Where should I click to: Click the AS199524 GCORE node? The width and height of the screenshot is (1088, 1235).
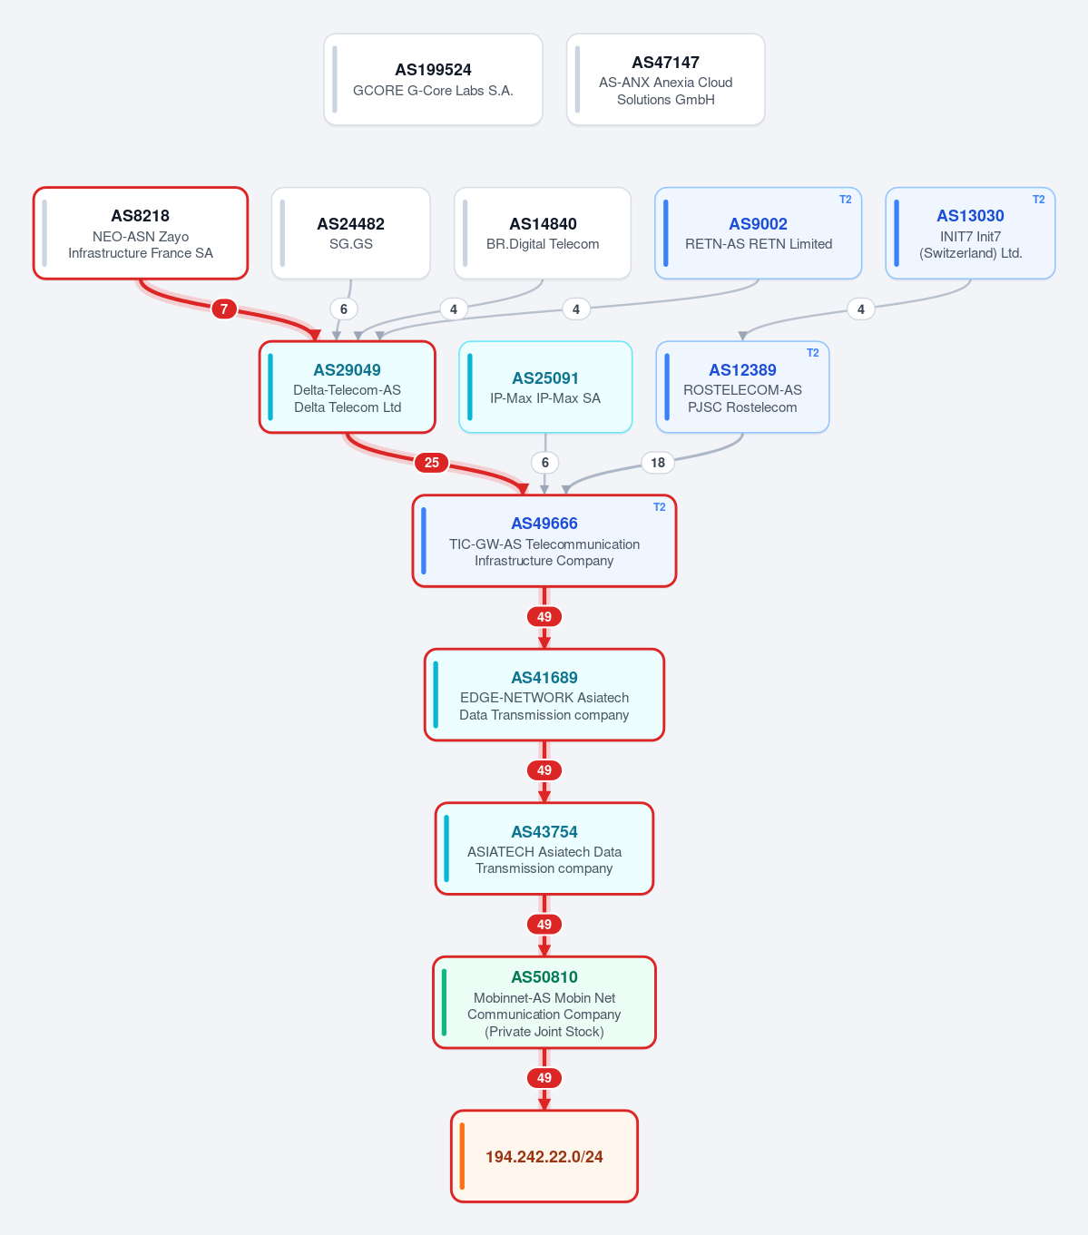tap(433, 79)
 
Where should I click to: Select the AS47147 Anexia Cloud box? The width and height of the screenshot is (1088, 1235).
tap(666, 79)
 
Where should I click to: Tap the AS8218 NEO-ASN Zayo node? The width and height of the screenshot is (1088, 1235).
tap(140, 233)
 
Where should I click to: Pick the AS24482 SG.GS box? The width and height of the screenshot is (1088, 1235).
tap(350, 233)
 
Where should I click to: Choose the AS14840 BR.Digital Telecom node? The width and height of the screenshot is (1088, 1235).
tap(543, 233)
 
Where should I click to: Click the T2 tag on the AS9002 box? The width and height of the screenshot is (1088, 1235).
tap(845, 200)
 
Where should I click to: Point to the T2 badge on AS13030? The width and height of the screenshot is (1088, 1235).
tap(1038, 200)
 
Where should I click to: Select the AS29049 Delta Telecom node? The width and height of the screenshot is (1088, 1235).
tap(348, 387)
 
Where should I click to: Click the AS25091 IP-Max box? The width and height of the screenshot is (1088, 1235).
tap(545, 387)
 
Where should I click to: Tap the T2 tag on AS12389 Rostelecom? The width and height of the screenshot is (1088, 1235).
tap(812, 353)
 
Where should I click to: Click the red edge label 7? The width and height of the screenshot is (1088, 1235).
tap(224, 309)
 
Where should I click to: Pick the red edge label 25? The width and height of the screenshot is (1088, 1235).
tap(432, 463)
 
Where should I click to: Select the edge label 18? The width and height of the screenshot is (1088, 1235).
tap(658, 463)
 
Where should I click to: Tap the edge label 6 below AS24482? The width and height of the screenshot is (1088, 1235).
tap(344, 309)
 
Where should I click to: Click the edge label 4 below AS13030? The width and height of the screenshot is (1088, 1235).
tap(860, 309)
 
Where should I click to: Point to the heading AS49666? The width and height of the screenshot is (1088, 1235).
tap(544, 524)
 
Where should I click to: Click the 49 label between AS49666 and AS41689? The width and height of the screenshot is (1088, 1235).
tap(544, 617)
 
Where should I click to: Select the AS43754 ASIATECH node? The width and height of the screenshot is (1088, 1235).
tap(544, 848)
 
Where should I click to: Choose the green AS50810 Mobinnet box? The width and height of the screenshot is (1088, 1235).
tap(544, 1003)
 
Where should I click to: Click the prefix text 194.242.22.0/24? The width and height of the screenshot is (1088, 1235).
tap(544, 1157)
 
